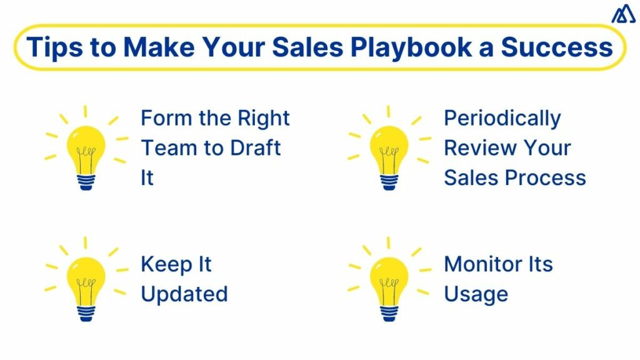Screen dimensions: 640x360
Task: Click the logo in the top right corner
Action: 623,14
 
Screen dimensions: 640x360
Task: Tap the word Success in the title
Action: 557,47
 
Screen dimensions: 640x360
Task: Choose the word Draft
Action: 256,147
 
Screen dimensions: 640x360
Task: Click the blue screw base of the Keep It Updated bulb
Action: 86,313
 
